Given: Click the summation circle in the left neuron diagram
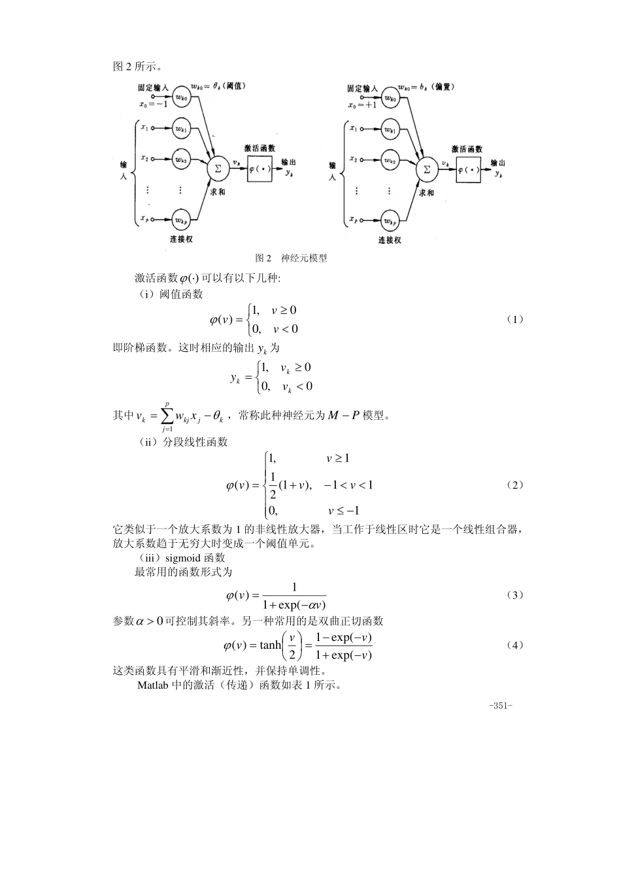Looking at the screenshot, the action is coord(216,169).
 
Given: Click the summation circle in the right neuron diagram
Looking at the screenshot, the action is coord(427,168).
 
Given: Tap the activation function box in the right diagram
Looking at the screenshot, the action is coord(469,169).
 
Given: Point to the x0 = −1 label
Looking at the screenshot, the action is coord(153,104).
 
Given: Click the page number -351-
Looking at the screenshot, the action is coord(500,706).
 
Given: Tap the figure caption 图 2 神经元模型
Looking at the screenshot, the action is coord(291,258).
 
